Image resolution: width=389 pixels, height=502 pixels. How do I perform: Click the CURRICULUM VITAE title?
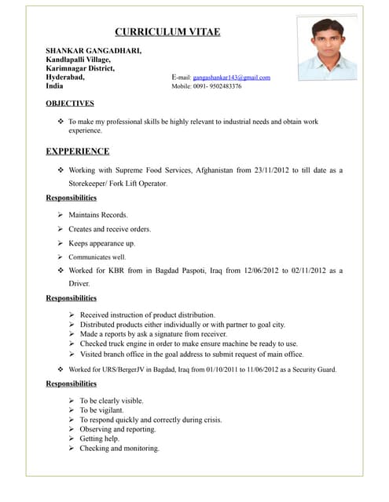coord(167,32)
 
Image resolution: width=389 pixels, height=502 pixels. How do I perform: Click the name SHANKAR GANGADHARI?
coord(94,50)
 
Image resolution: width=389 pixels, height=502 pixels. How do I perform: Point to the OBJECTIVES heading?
coord(70,103)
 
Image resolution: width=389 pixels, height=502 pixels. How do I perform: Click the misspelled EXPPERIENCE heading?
coord(77,151)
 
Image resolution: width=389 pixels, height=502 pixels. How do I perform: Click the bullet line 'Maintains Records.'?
coord(97,215)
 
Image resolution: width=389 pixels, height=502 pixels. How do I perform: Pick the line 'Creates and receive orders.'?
coord(109,229)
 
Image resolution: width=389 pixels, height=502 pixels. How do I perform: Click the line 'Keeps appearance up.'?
coord(101,243)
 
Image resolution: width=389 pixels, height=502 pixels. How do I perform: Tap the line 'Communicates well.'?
coord(97,257)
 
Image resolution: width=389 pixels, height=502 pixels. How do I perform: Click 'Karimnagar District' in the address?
coord(80,68)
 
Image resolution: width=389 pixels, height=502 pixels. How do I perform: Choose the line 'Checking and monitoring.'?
coord(119,449)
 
